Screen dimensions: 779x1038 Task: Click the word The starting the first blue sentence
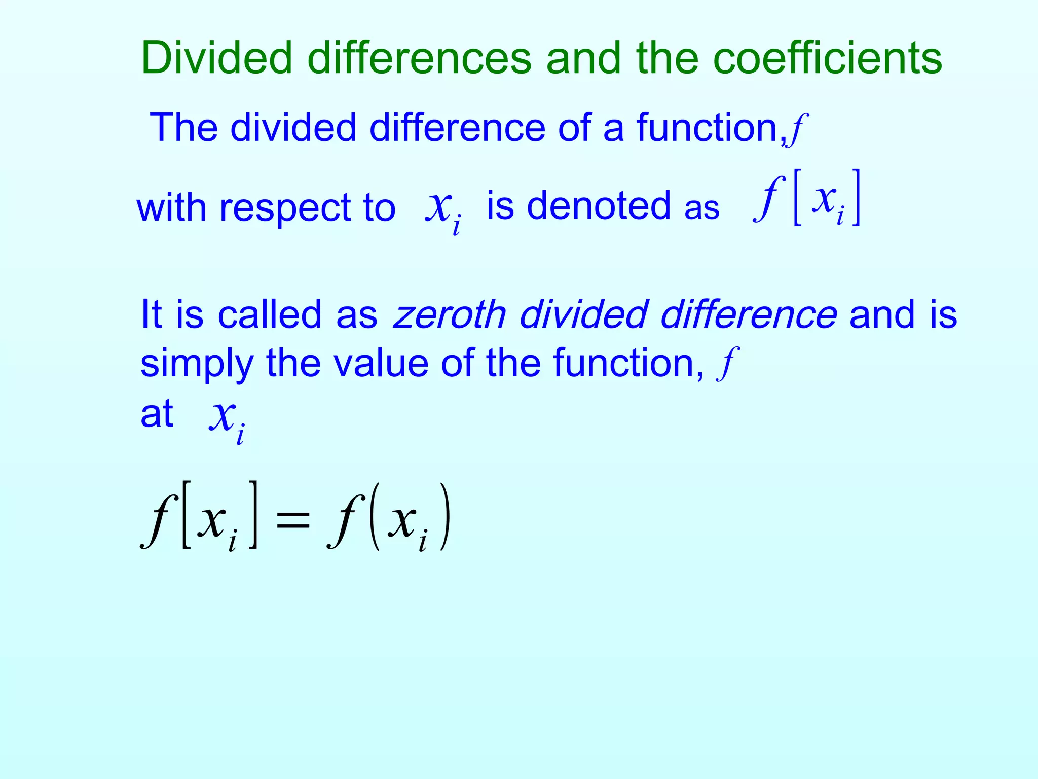coord(183,127)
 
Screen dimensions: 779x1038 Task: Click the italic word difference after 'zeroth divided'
coord(749,314)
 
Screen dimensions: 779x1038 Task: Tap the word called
coord(269,314)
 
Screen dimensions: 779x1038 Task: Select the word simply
coord(197,364)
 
